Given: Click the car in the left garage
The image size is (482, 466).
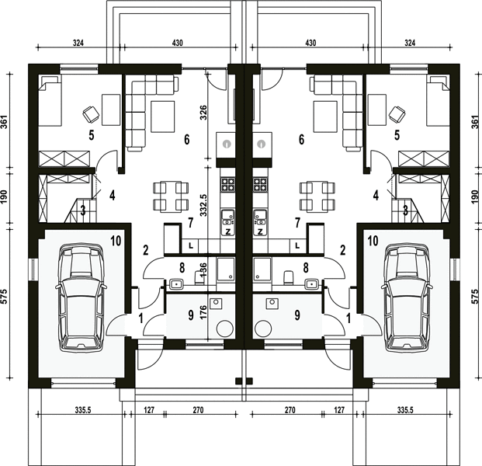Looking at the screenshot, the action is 81,297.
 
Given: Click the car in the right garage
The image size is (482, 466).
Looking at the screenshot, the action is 407,297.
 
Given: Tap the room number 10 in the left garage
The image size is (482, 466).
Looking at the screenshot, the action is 116,241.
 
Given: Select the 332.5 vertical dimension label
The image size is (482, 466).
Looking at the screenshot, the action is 203,204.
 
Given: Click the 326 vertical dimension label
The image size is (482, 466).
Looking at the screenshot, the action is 203,113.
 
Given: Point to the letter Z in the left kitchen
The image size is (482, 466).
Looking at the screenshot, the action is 228,232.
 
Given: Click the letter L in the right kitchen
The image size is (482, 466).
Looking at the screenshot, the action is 297,245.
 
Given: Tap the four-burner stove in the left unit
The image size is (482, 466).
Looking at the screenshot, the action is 227,183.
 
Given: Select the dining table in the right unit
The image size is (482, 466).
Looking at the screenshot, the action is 317,196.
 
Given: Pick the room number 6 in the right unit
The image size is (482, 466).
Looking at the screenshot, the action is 302,140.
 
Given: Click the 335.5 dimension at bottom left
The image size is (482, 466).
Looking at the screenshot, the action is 83,410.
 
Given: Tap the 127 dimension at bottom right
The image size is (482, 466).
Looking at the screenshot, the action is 339,410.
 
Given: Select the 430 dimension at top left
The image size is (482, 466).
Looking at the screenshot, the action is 178,43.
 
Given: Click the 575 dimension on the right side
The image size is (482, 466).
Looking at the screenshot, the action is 475,297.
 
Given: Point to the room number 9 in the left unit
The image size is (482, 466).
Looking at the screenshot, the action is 191,315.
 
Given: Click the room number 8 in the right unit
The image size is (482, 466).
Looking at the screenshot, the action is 306,268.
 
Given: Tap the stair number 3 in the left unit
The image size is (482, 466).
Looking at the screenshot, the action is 83,211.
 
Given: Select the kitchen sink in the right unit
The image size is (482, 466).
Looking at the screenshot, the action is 260,217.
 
